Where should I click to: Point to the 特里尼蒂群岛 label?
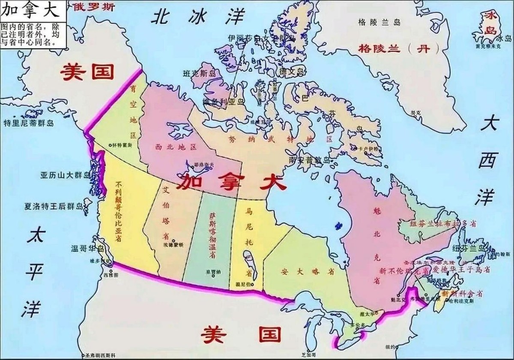(29, 123)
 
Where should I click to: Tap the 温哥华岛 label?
(88, 248)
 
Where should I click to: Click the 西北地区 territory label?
(176, 147)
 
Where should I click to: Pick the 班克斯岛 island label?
(200, 74)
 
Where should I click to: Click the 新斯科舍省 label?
(463, 294)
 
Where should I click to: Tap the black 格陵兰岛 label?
(379, 22)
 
